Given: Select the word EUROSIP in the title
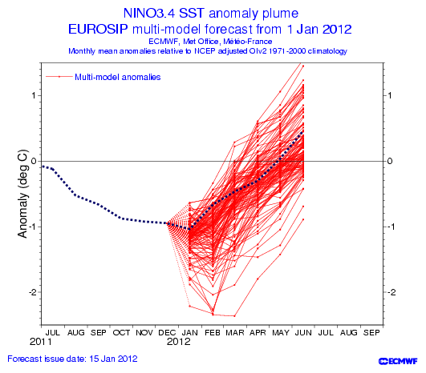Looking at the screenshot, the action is coord(98,30).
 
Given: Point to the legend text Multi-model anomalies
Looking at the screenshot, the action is coord(118,77).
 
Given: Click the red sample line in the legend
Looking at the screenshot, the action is coord(59,77).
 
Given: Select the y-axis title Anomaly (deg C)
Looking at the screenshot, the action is coord(22,194).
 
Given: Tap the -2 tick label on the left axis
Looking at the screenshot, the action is coord(33,292).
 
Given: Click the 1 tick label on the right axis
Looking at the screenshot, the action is coord(389,95).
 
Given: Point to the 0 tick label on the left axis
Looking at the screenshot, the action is coord(34,161).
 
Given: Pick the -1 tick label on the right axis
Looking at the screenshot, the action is coord(392,227).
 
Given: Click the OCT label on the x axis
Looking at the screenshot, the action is coord(121,333).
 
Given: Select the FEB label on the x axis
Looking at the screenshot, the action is coord(213,333).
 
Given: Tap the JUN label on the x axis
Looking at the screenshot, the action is coord(303,333).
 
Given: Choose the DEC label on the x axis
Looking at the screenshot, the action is coord(167,333).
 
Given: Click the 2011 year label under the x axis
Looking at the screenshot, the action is coord(40,342).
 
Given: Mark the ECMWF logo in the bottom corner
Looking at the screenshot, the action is coord(398,361).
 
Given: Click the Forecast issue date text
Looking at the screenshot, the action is coord(72,359).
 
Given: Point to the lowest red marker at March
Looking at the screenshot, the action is coord(234,316).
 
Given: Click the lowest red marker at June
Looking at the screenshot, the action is coord(303,219).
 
